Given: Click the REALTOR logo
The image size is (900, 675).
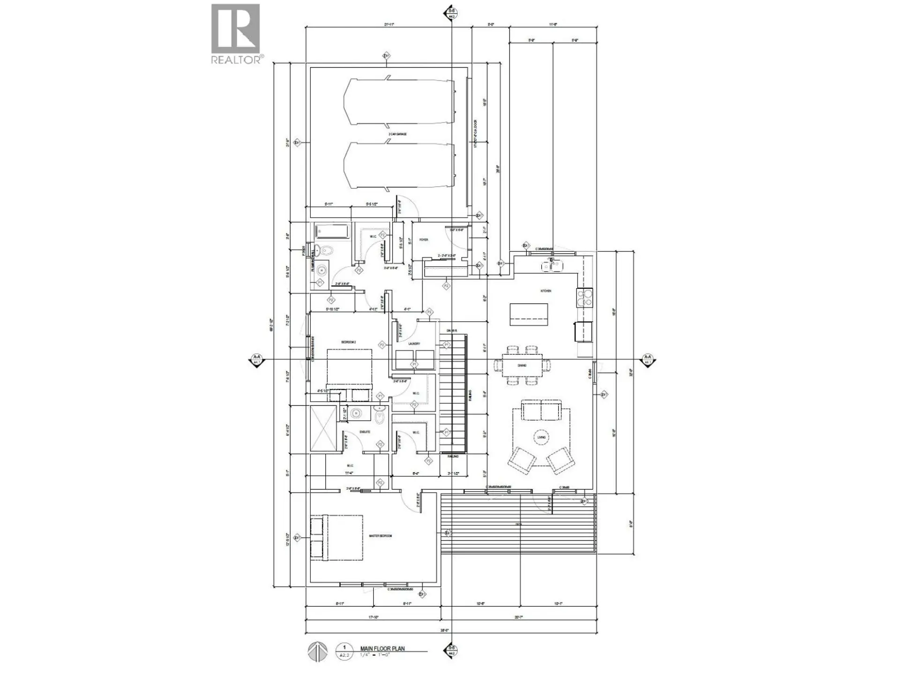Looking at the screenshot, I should [236, 34].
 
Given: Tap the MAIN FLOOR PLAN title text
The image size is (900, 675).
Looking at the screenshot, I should [382, 649].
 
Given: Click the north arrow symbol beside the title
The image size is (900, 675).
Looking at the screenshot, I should [317, 652].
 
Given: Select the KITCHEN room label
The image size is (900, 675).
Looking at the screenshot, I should [546, 291].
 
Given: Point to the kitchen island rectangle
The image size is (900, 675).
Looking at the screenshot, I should [529, 315].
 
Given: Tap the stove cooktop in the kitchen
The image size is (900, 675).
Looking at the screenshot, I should [585, 298].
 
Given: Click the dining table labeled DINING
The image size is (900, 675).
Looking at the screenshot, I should [522, 366].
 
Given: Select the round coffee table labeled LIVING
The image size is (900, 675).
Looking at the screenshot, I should [541, 437].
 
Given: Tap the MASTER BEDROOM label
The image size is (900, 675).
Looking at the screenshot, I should [380, 536].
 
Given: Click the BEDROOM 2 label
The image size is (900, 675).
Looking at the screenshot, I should [349, 342].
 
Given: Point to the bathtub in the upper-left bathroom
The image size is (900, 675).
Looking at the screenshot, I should [332, 232].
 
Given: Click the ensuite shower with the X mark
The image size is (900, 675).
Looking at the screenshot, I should [323, 428].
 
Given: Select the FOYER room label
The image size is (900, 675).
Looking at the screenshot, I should [424, 240].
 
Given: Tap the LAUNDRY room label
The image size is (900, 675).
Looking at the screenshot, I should [414, 344].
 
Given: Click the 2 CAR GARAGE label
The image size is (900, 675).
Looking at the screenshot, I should [397, 134].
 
